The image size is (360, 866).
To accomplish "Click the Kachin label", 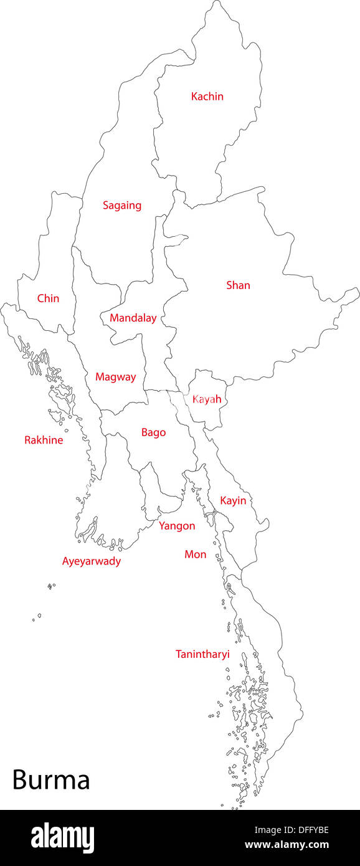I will [207, 97].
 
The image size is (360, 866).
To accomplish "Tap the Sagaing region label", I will [122, 205].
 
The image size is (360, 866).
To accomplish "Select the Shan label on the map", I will [238, 285].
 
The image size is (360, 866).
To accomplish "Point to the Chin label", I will [48, 298].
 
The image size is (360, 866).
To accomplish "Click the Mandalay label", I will [133, 318].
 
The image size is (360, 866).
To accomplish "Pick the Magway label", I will [115, 377].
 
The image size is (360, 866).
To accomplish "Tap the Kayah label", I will [207, 399].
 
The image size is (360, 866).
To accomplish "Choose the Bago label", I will [153, 432].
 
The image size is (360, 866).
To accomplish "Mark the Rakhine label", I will [44, 440].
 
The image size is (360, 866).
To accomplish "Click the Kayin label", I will [233, 500].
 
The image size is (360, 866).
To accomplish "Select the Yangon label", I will [177, 526].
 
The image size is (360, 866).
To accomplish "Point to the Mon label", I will [195, 554].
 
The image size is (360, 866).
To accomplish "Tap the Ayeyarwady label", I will [92, 561].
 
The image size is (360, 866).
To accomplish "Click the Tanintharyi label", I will [202, 654].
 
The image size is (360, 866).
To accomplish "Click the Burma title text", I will [51, 780].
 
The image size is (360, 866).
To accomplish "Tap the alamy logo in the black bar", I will [62, 838].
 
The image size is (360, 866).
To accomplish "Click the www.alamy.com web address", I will [287, 845].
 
